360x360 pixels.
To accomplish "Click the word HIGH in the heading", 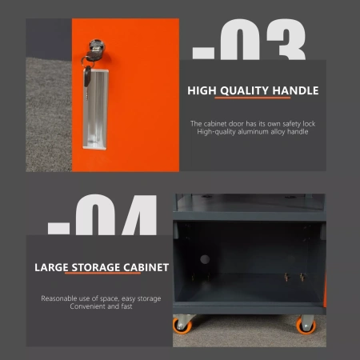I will click(x=203, y=90).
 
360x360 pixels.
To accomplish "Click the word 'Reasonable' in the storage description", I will click(x=61, y=298).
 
